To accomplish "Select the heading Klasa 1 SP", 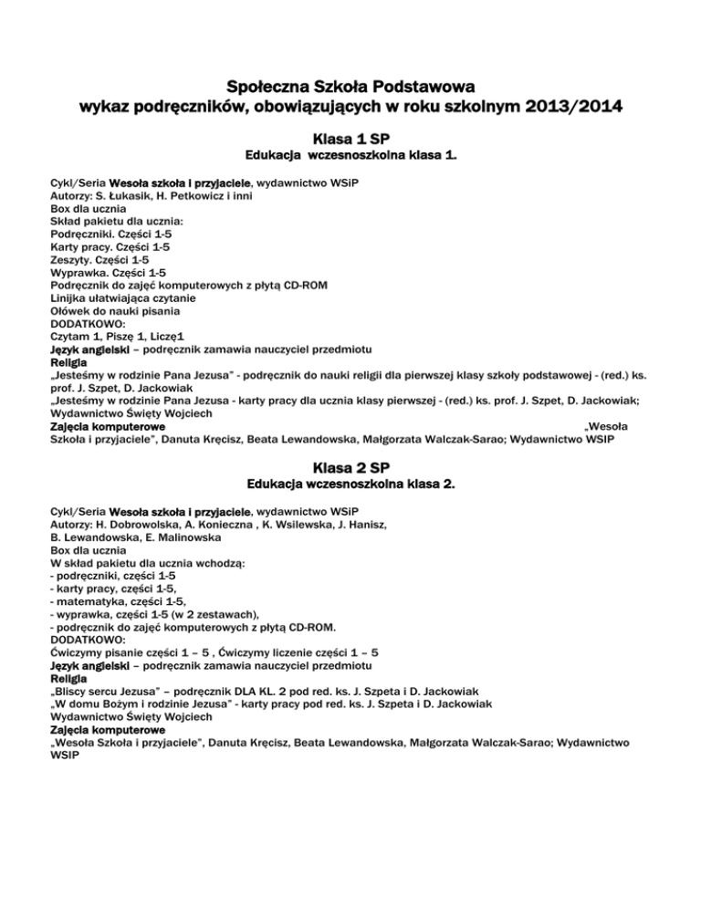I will point(350,141).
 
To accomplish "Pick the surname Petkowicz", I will point(192,196).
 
